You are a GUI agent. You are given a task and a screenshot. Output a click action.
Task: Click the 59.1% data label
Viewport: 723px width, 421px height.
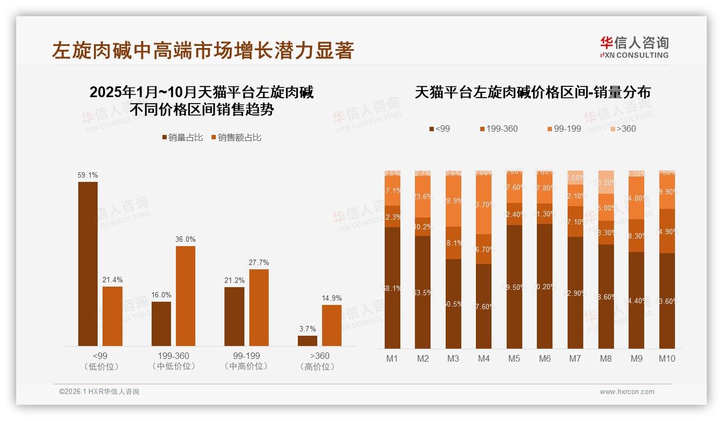pyautogui.click(x=88, y=175)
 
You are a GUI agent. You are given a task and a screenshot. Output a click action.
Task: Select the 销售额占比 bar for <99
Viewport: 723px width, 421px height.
pyautogui.click(x=112, y=316)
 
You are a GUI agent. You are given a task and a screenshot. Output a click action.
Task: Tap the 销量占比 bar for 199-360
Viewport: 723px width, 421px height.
pyautogui.click(x=161, y=323)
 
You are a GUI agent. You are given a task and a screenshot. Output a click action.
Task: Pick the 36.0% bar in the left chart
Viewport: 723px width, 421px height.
pyautogui.click(x=186, y=296)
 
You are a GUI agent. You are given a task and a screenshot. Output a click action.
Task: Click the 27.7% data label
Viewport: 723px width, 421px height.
pyautogui.click(x=258, y=262)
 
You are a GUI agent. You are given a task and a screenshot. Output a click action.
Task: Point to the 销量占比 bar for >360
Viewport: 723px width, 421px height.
pyautogui.click(x=308, y=341)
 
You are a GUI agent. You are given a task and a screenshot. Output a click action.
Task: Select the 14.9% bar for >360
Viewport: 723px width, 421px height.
pyautogui.click(x=332, y=325)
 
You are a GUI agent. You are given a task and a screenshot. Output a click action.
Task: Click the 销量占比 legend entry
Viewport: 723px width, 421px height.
pyautogui.click(x=182, y=138)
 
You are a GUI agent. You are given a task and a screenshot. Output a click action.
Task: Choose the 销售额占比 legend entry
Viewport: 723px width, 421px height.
pyautogui.click(x=236, y=138)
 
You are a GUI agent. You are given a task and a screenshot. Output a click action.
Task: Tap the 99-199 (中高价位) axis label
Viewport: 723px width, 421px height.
pyautogui.click(x=246, y=361)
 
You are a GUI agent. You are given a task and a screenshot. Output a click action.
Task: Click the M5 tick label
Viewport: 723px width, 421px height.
pyautogui.click(x=514, y=358)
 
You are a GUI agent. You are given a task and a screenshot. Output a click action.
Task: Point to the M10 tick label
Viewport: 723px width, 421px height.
pyautogui.click(x=667, y=358)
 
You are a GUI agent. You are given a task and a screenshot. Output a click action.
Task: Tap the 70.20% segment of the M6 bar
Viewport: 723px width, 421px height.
pyautogui.click(x=545, y=286)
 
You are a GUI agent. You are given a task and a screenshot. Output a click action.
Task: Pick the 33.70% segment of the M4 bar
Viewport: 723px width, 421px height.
pyautogui.click(x=484, y=204)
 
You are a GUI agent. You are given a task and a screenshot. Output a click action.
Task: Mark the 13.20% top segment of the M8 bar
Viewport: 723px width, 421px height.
pyautogui.click(x=606, y=182)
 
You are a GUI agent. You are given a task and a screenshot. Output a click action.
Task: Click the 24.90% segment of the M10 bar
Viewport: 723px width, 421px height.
pyautogui.click(x=667, y=231)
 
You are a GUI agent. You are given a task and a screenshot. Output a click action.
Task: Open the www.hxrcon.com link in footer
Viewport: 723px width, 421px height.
pyautogui.click(x=627, y=392)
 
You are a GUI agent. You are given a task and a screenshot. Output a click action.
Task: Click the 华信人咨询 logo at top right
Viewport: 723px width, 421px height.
pyautogui.click(x=634, y=47)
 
